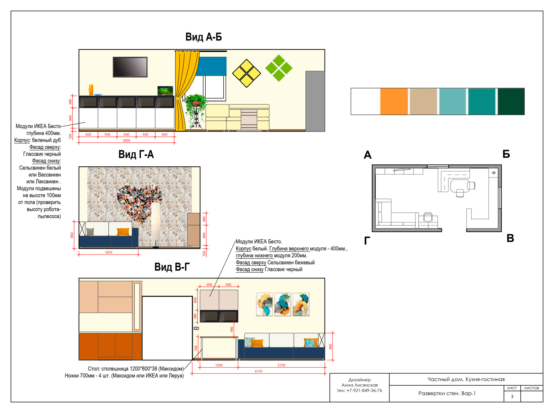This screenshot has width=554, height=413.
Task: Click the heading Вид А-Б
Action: (x=204, y=37)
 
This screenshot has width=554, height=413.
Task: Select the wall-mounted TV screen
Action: (x=130, y=67)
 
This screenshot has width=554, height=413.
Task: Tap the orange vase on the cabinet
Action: (x=91, y=90)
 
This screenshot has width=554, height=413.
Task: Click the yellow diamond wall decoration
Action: (x=246, y=73)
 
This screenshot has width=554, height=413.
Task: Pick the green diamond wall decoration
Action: (x=279, y=68)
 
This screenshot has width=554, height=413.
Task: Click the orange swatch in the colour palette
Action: (x=394, y=101)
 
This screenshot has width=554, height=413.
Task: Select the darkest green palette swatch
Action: (x=511, y=101)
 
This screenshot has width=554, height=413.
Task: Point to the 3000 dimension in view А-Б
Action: (x=126, y=140)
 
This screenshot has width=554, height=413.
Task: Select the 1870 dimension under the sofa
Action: (x=108, y=253)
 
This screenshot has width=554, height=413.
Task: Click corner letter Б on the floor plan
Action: (x=506, y=154)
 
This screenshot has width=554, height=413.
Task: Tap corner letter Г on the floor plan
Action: (x=367, y=241)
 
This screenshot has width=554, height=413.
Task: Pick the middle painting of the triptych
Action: (x=283, y=304)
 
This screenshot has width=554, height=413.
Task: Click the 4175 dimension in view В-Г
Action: (x=258, y=371)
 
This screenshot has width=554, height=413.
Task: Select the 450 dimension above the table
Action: (x=232, y=329)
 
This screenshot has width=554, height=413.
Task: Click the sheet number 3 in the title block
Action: (x=512, y=397)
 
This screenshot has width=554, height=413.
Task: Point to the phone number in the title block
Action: (x=359, y=391)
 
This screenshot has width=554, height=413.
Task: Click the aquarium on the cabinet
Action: (x=165, y=91)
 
